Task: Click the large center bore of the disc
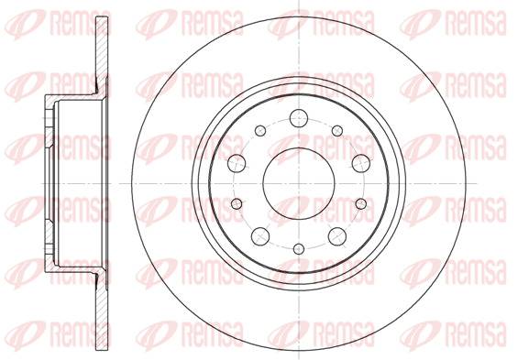click(299, 183)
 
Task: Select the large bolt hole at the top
click(299, 118)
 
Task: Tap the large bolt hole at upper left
click(237, 163)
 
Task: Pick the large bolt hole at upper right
click(360, 163)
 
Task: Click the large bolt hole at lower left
click(260, 236)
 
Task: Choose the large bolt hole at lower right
click(337, 236)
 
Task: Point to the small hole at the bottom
click(299, 249)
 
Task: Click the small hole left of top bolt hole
click(260, 131)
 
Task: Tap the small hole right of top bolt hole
click(337, 131)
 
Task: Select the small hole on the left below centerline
click(237, 203)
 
